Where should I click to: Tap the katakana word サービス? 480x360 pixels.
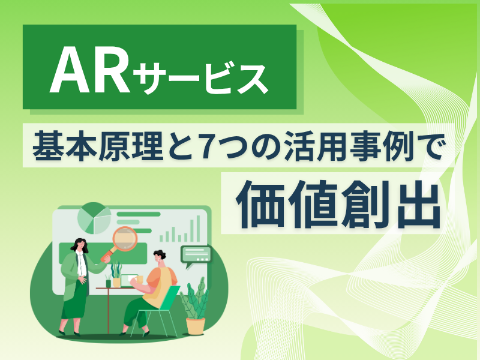[200, 79]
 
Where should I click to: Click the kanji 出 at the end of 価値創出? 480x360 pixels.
[418, 203]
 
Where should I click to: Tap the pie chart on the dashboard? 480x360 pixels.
[94, 218]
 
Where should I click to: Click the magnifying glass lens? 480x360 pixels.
[124, 239]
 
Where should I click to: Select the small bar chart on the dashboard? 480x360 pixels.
[180, 229]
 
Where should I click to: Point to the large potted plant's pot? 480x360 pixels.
[196, 326]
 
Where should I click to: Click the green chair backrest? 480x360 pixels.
[169, 298]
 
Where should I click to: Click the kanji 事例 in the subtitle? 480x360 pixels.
[382, 145]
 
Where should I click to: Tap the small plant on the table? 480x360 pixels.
[116, 274]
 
